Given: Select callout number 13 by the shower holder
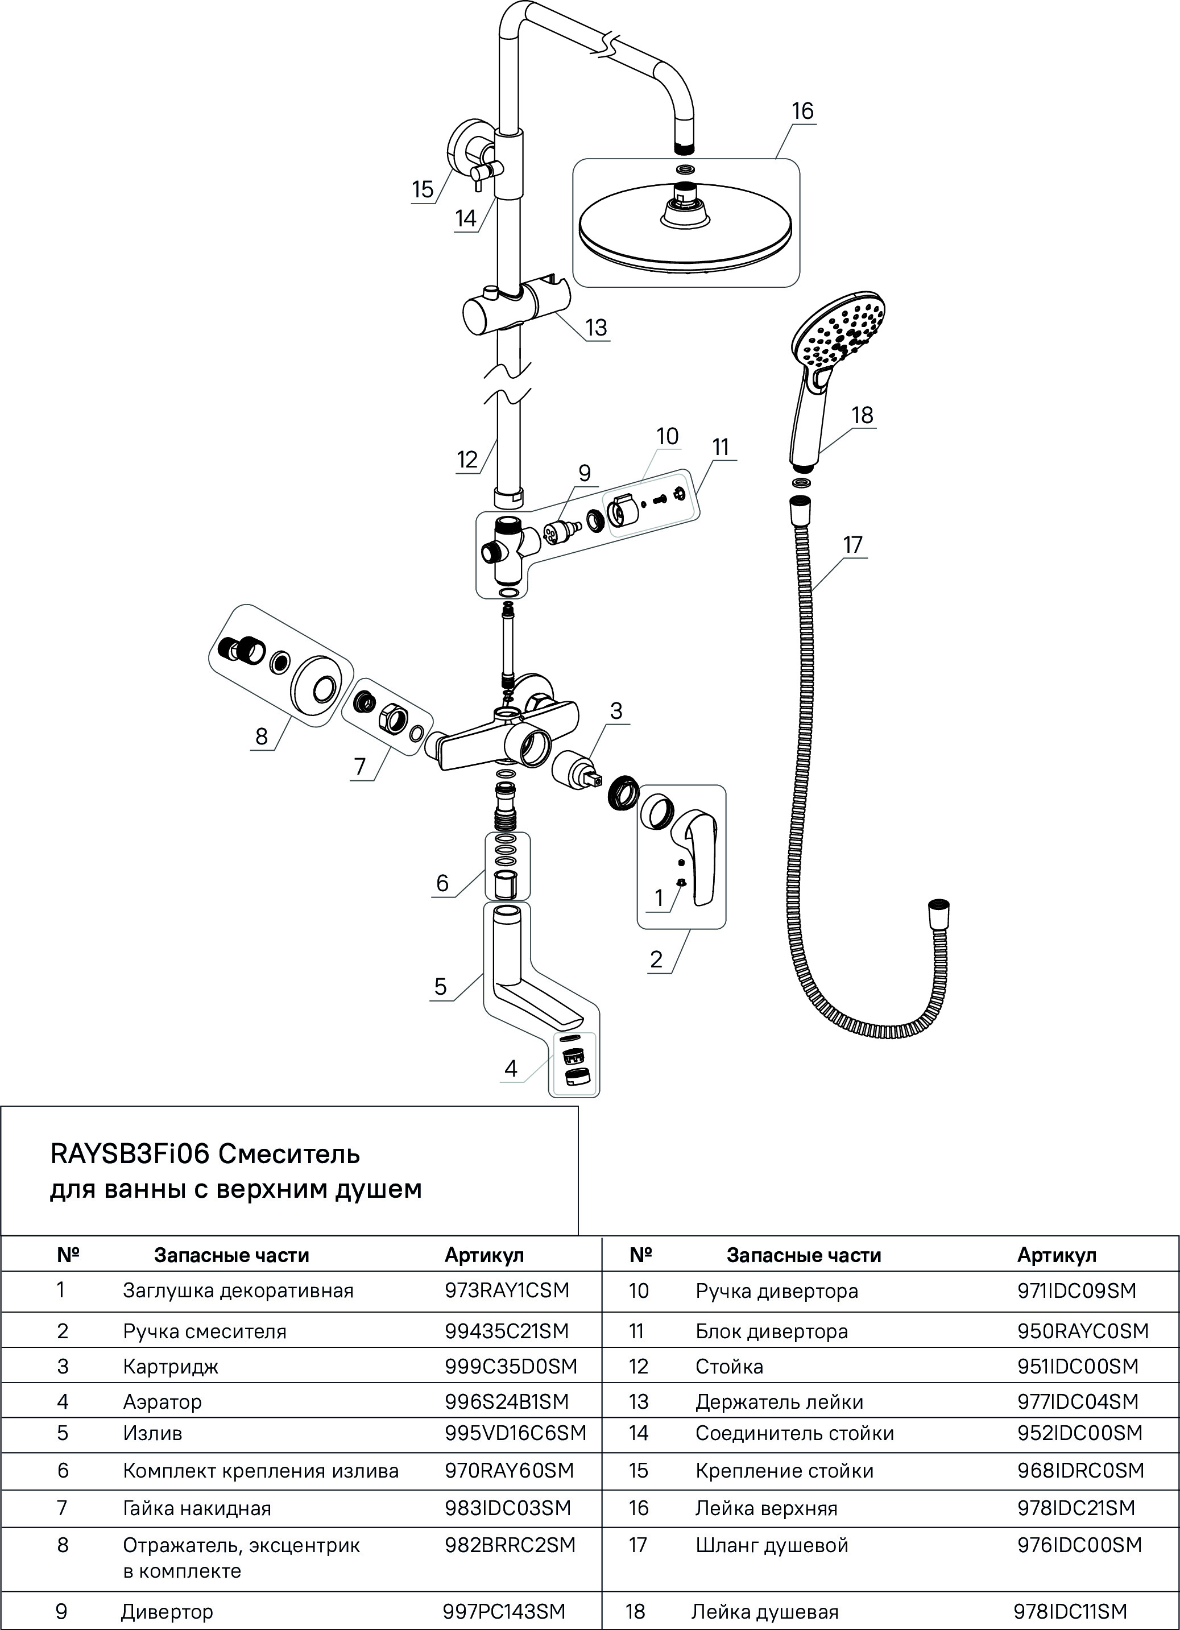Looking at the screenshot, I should (596, 328).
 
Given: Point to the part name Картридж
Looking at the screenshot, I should (170, 1366).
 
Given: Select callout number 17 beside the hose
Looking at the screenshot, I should (852, 545).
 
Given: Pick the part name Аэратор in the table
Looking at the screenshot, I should (163, 1401).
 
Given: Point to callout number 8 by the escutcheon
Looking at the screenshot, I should (262, 737).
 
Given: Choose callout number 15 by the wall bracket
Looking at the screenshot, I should (423, 190).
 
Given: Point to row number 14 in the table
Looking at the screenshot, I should (638, 1433).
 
